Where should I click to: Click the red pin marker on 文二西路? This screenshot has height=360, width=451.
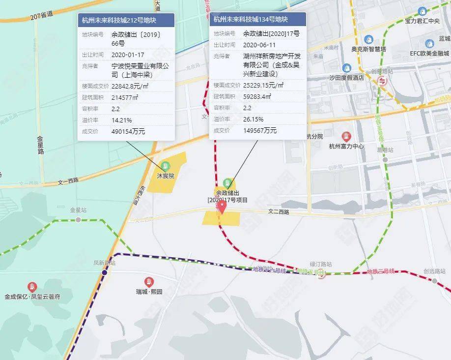pyautogui.click(x=222, y=207)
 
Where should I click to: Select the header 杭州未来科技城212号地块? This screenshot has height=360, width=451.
pyautogui.click(x=126, y=20)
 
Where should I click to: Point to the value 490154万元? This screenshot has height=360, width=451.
pyautogui.click(x=128, y=131)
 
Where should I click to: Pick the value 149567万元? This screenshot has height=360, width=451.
pyautogui.click(x=260, y=130)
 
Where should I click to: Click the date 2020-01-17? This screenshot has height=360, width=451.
pyautogui.click(x=128, y=55)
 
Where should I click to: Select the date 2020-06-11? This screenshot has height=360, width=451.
pyautogui.click(x=260, y=44)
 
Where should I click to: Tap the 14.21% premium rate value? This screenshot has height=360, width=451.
pyautogui.click(x=122, y=120)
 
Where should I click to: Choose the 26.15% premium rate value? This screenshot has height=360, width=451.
pyautogui.click(x=254, y=119)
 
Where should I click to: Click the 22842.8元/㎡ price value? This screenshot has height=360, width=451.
pyautogui.click(x=133, y=86)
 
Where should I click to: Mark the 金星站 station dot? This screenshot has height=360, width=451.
pyautogui.click(x=78, y=219)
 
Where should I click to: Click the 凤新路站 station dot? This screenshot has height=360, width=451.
pyautogui.click(x=104, y=272)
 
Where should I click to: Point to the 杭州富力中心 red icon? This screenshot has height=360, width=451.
pyautogui.click(x=346, y=136)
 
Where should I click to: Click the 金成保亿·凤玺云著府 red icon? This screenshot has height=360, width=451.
pyautogui.click(x=32, y=287)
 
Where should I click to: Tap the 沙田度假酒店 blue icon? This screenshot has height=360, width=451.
pyautogui.click(x=346, y=67)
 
